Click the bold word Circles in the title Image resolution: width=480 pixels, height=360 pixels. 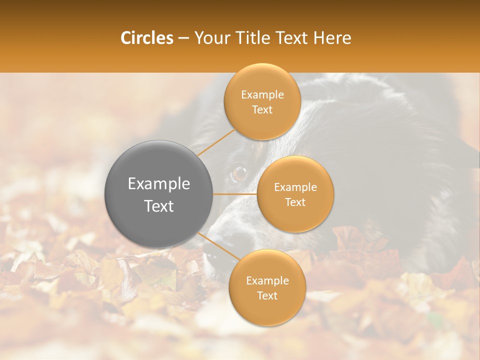tap(147, 38)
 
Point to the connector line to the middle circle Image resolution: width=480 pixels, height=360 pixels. tap(235, 194)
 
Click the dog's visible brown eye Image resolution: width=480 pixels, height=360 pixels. tap(239, 174)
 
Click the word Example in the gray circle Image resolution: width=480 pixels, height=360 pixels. tap(159, 184)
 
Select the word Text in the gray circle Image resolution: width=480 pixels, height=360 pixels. tap(159, 206)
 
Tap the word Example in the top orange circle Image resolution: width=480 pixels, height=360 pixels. tap(262, 95)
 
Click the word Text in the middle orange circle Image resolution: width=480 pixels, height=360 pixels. tap(295, 202)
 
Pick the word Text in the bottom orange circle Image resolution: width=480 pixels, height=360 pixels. tap(267, 296)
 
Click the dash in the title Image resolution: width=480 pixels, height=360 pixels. tap(183, 38)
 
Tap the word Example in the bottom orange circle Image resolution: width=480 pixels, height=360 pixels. tap(267, 281)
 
